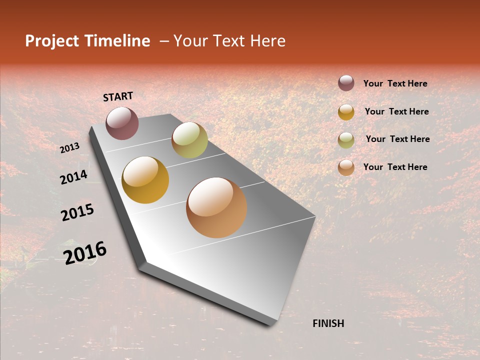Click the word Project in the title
point(52,41)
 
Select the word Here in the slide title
point(267,41)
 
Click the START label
point(118,96)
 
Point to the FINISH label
point(328,323)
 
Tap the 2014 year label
point(73,176)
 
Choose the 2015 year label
point(77,212)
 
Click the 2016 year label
point(85,252)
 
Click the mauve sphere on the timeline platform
point(122,123)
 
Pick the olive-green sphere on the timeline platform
point(189,140)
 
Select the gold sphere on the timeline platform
point(145,180)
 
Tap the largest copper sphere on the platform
point(216,207)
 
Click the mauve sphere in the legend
point(346,83)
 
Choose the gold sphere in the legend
point(346,112)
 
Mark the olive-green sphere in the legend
point(346,140)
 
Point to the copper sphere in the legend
point(346,167)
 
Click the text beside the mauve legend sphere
point(395,83)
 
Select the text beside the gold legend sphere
point(396,111)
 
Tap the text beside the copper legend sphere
point(395,167)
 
